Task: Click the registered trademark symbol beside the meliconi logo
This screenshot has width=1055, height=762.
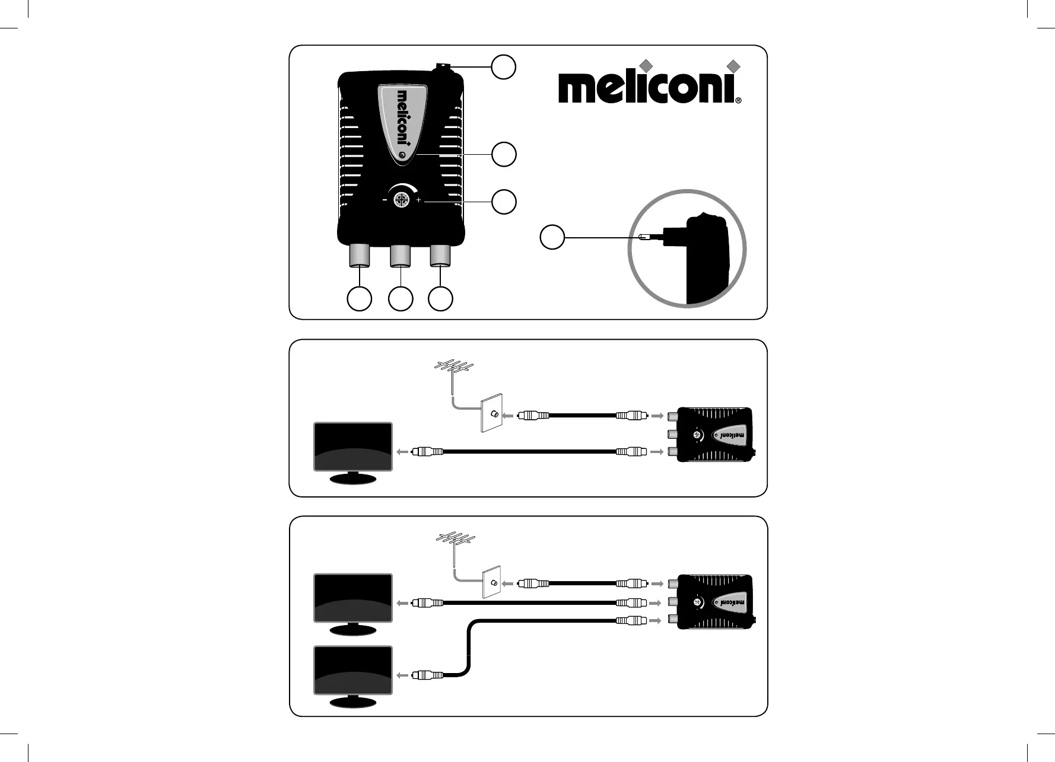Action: (x=738, y=101)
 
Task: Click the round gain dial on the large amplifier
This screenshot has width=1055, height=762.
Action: (x=402, y=200)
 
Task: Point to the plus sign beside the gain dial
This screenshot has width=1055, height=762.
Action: (x=419, y=200)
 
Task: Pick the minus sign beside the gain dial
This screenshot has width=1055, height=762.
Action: (x=384, y=200)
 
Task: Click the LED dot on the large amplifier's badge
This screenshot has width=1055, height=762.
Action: (x=403, y=155)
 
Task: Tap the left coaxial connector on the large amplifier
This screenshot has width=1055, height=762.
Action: (x=360, y=256)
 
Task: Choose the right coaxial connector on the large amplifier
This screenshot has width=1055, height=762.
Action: (x=440, y=256)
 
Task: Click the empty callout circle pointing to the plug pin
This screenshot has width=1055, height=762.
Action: (x=552, y=238)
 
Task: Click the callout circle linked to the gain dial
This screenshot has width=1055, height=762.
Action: (x=504, y=202)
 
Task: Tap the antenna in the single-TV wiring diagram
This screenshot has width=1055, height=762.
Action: (x=452, y=369)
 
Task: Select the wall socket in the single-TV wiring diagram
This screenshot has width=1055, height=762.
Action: (x=491, y=415)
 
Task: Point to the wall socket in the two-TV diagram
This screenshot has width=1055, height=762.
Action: (x=492, y=583)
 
